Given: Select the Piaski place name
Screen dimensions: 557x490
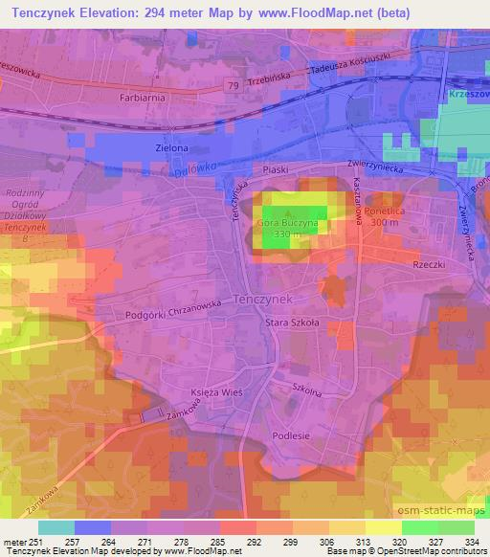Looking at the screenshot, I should click(x=277, y=168).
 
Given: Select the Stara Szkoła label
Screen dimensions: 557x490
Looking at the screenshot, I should click(x=292, y=324).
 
